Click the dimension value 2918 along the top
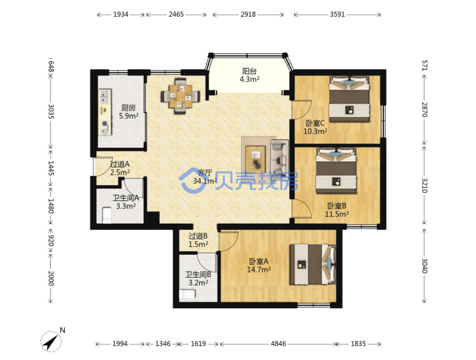point(248,14)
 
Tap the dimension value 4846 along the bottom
point(278,344)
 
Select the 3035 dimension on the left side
point(51,111)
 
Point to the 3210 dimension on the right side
point(424,185)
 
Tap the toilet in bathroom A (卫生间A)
point(107,214)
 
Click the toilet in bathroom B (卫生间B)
point(187,294)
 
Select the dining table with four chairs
point(180,96)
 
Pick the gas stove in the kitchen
point(105,128)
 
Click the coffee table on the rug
point(256,157)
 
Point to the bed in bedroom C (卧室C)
point(349,99)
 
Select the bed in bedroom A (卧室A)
point(313,264)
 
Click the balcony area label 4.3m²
point(249,79)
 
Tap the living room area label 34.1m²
point(205,181)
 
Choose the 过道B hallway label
point(198,236)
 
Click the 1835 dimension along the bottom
point(358,344)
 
